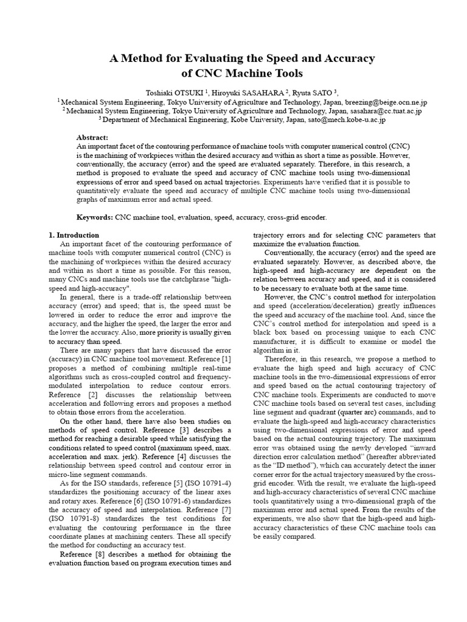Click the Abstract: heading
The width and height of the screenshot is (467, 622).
point(92,138)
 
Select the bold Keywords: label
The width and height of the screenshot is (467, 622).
point(95,217)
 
